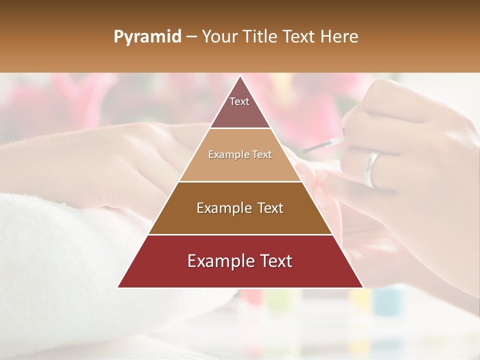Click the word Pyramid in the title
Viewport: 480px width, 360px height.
(147, 37)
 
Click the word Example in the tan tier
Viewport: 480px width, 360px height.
(227, 155)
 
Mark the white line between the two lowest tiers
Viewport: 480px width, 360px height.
(240, 234)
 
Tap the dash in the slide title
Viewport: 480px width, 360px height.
(191, 37)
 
